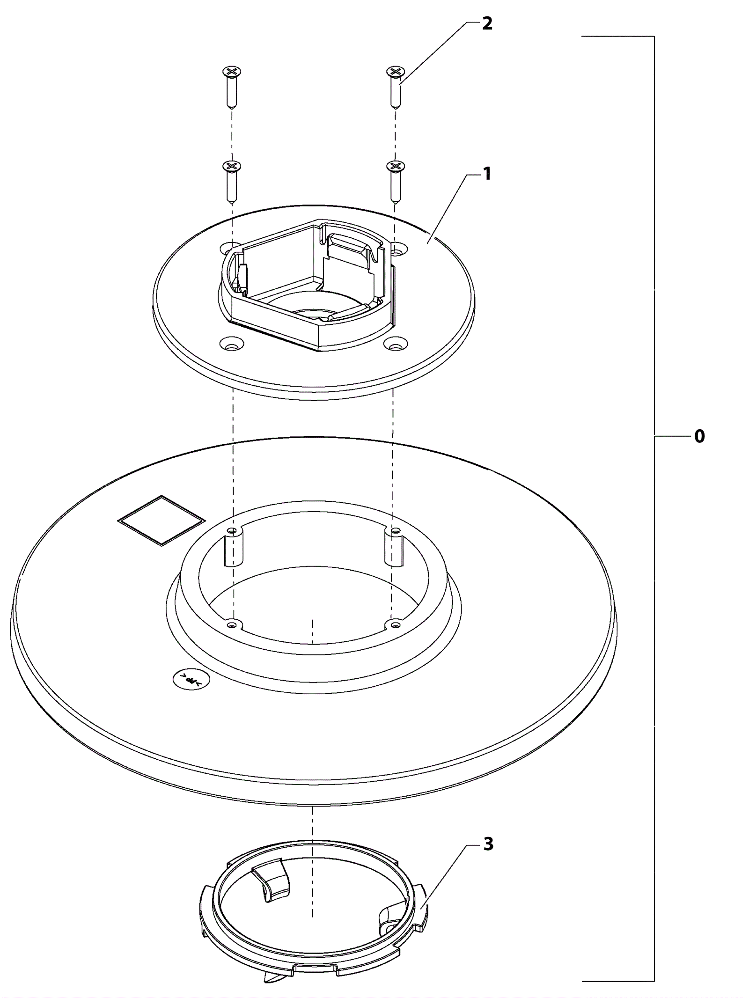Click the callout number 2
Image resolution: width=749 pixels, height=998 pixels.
[x=487, y=24]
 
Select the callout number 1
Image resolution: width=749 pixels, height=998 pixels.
[x=487, y=174]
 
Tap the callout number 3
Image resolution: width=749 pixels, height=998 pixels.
[x=488, y=844]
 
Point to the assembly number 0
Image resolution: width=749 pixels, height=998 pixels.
[x=699, y=436]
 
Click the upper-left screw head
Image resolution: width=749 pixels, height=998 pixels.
[x=232, y=72]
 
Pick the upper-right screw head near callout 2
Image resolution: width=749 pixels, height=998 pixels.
[x=396, y=72]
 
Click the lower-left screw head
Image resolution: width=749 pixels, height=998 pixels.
[x=232, y=166]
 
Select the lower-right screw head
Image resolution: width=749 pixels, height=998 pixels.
[x=396, y=166]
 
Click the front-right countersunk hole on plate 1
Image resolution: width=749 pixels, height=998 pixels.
[x=395, y=345]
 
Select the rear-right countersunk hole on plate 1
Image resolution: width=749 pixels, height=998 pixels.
[x=397, y=249]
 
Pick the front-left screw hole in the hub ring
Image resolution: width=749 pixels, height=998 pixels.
[x=231, y=624]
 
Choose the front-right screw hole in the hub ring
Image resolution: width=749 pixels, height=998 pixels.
[x=395, y=624]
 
